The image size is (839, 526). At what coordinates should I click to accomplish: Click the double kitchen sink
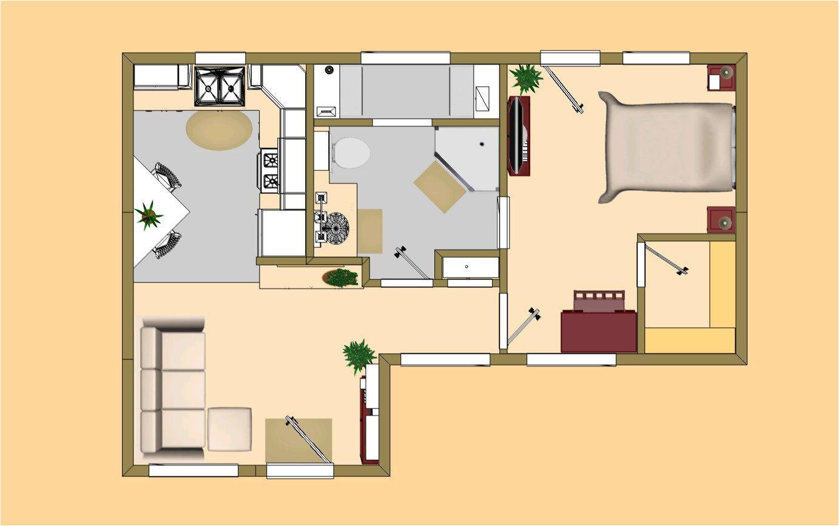[220, 86]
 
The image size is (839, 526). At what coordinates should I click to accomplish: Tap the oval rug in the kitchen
[219, 130]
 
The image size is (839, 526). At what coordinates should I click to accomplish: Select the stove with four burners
[270, 170]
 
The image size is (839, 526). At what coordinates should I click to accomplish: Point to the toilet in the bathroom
[351, 153]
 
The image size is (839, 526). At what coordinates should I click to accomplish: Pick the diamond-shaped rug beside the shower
[440, 187]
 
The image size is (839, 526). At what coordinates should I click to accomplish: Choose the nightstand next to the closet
[721, 220]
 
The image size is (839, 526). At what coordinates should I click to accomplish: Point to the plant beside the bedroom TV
[525, 78]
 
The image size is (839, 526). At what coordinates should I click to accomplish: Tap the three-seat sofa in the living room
[172, 391]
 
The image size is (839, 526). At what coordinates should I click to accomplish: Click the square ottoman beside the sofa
[229, 428]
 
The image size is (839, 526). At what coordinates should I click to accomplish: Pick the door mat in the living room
[298, 439]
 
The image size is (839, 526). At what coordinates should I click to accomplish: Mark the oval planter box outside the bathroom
[341, 278]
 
